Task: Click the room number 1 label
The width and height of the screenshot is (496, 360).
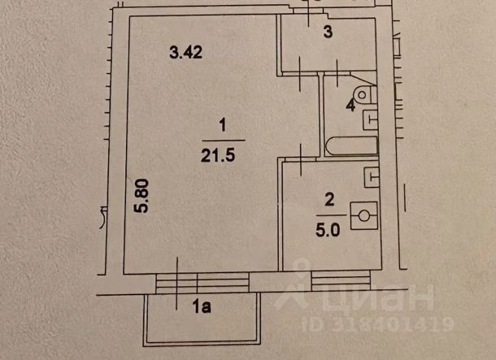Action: [223, 125]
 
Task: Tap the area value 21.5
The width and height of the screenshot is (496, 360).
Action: [218, 155]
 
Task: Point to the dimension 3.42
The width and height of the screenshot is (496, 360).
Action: [185, 52]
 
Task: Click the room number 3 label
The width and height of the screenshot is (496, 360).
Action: [328, 32]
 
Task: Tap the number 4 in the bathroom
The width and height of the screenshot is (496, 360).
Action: [350, 105]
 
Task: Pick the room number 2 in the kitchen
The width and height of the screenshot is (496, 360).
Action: [329, 200]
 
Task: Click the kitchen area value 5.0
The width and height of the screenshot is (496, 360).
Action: [328, 230]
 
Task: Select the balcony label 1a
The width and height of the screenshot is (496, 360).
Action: [202, 306]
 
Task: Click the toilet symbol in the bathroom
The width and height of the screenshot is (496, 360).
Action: [366, 94]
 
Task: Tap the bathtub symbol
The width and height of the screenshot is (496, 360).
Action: [352, 146]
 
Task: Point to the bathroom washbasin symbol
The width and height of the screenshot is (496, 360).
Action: [370, 119]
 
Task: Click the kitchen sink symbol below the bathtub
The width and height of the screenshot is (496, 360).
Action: [372, 177]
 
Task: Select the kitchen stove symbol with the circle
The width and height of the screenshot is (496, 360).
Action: [364, 215]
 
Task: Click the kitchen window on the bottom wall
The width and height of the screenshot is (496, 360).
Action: [341, 281]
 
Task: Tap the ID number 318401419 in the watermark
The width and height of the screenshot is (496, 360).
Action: [378, 324]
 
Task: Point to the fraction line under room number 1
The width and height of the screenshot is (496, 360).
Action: [224, 140]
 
